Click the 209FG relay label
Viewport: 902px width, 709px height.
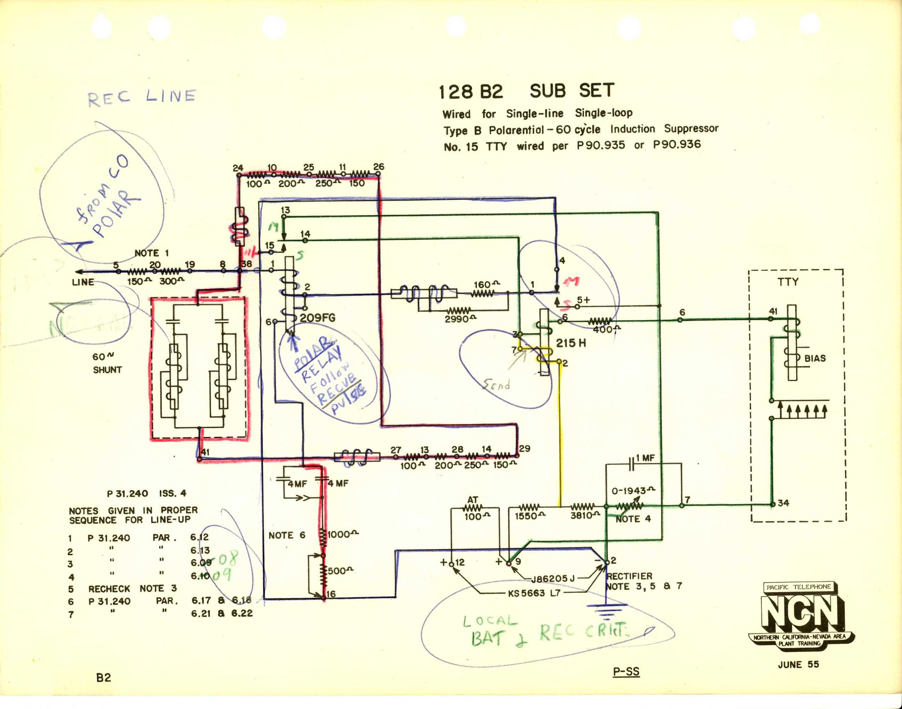click(x=318, y=318)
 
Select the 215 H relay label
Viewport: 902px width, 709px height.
click(x=571, y=343)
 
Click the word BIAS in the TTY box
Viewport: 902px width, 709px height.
click(x=815, y=358)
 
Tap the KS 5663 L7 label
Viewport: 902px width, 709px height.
click(x=534, y=593)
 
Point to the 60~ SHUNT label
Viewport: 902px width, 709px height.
click(x=107, y=363)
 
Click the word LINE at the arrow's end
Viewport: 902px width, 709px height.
click(x=83, y=282)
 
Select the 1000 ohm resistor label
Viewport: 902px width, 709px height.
click(x=343, y=535)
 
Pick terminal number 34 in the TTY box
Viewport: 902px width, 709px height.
click(x=783, y=503)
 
